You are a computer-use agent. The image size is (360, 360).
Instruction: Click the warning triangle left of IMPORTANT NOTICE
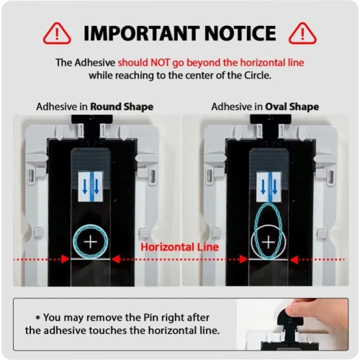coord(57,34)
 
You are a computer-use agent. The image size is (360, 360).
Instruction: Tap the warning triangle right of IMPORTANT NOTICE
coord(302,34)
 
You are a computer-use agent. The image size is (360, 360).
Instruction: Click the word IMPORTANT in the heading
coord(141,33)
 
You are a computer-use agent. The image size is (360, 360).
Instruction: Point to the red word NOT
coord(160,63)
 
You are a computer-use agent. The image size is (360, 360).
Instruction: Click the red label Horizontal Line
coord(179,247)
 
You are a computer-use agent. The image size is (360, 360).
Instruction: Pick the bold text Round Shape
coord(122,107)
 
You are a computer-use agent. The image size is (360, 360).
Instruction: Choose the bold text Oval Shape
coord(292,107)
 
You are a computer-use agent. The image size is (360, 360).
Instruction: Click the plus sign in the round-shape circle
coord(91,242)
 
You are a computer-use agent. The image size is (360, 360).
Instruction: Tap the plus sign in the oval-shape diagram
coord(269,242)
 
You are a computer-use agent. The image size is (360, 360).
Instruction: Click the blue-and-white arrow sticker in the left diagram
coord(91,186)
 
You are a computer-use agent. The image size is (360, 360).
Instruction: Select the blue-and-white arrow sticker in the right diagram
coord(269,186)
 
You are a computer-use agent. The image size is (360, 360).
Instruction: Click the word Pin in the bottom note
coord(151,318)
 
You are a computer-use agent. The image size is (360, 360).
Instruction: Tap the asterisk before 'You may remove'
coord(37,318)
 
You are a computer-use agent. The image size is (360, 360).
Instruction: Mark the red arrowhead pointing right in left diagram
coord(65,259)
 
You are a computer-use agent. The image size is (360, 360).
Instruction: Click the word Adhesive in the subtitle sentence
coord(95,63)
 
